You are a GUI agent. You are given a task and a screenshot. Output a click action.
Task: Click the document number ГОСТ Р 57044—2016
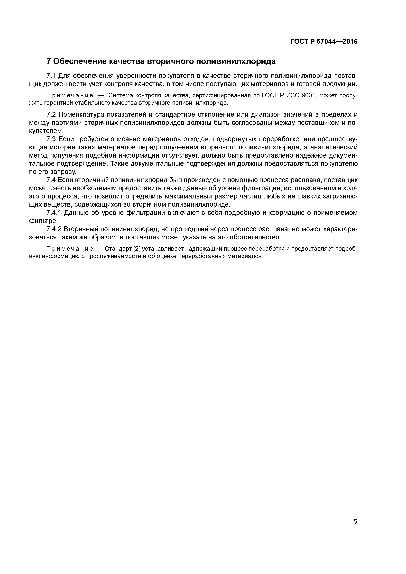(324, 42)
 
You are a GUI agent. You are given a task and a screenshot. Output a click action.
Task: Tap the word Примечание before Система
(70, 96)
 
